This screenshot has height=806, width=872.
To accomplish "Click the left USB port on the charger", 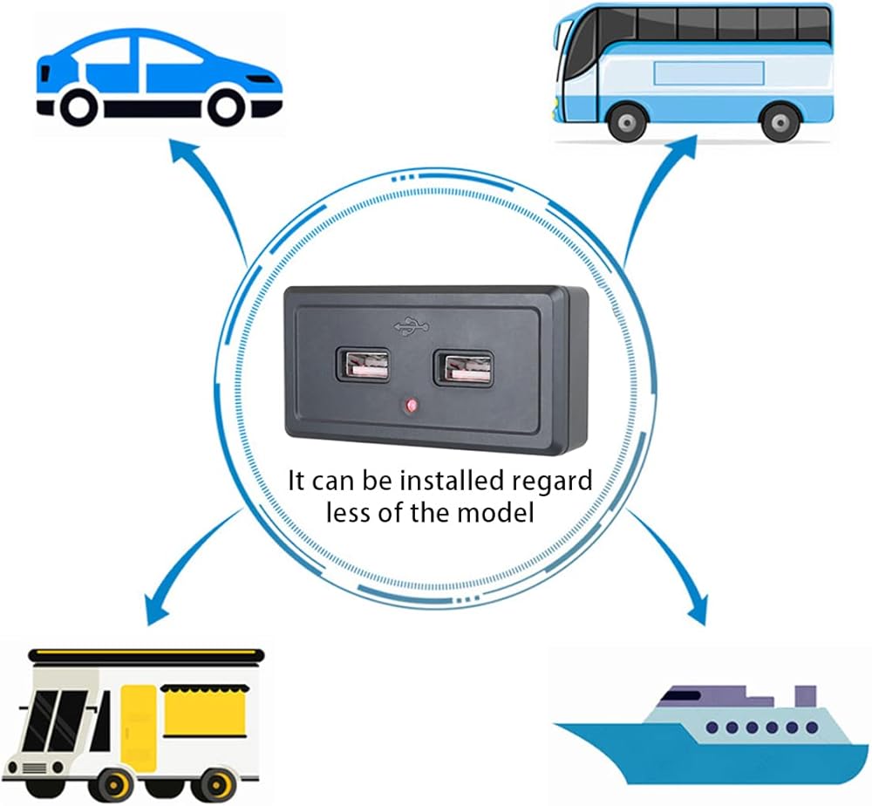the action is click(362, 366).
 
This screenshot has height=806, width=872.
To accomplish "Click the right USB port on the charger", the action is click(464, 368).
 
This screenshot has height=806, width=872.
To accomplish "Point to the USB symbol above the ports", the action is click(412, 326).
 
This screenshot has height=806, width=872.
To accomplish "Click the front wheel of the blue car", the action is click(227, 106).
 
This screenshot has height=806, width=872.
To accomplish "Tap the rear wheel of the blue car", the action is click(79, 106).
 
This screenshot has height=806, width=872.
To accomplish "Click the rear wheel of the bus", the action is click(780, 122).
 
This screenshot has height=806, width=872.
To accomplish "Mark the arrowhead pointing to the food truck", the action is click(156, 610).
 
